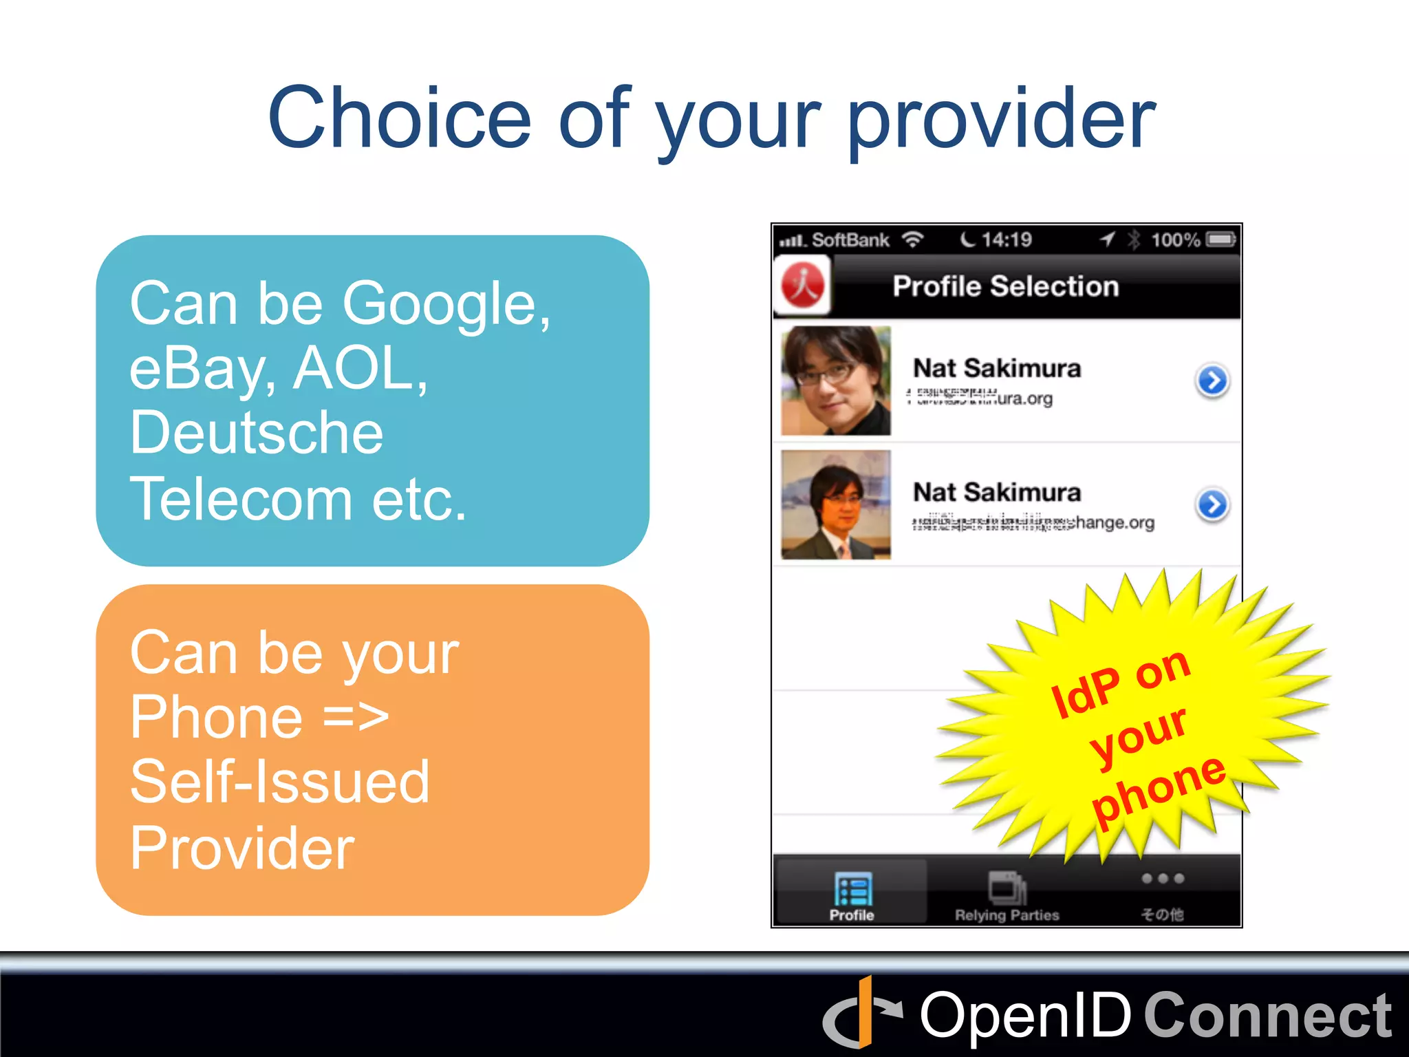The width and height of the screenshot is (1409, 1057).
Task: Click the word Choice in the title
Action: (399, 118)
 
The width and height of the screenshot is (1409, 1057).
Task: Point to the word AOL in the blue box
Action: (359, 369)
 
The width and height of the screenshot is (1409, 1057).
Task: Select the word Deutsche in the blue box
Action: (256, 433)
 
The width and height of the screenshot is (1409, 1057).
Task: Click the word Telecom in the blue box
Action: (241, 499)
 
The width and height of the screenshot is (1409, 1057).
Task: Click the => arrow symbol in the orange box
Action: (356, 717)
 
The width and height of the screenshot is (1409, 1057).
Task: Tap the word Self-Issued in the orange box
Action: (279, 782)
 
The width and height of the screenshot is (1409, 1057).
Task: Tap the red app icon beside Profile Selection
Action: (802, 285)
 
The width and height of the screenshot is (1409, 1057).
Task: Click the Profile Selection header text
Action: (1005, 286)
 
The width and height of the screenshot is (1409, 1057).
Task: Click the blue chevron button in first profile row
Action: (1212, 381)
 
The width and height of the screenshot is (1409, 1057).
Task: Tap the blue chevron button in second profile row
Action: (1212, 504)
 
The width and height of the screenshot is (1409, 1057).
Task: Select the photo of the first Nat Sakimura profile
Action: (836, 381)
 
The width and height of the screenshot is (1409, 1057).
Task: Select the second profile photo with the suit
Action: (836, 504)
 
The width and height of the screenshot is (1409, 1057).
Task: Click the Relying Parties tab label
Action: (1007, 915)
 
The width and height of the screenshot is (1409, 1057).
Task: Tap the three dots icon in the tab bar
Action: (1162, 879)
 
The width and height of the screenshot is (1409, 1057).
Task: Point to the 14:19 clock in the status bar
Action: (1006, 239)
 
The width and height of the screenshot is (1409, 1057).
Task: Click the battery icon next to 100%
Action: (1221, 239)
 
